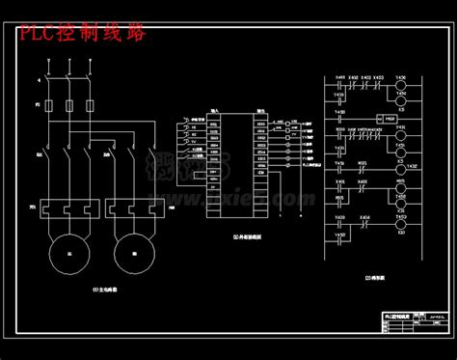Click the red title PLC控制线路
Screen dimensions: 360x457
(x=83, y=35)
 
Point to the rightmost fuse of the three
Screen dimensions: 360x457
(x=90, y=103)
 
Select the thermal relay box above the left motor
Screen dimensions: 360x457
(x=67, y=208)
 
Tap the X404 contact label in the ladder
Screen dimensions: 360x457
(x=364, y=217)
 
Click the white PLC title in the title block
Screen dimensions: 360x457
(x=395, y=314)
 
